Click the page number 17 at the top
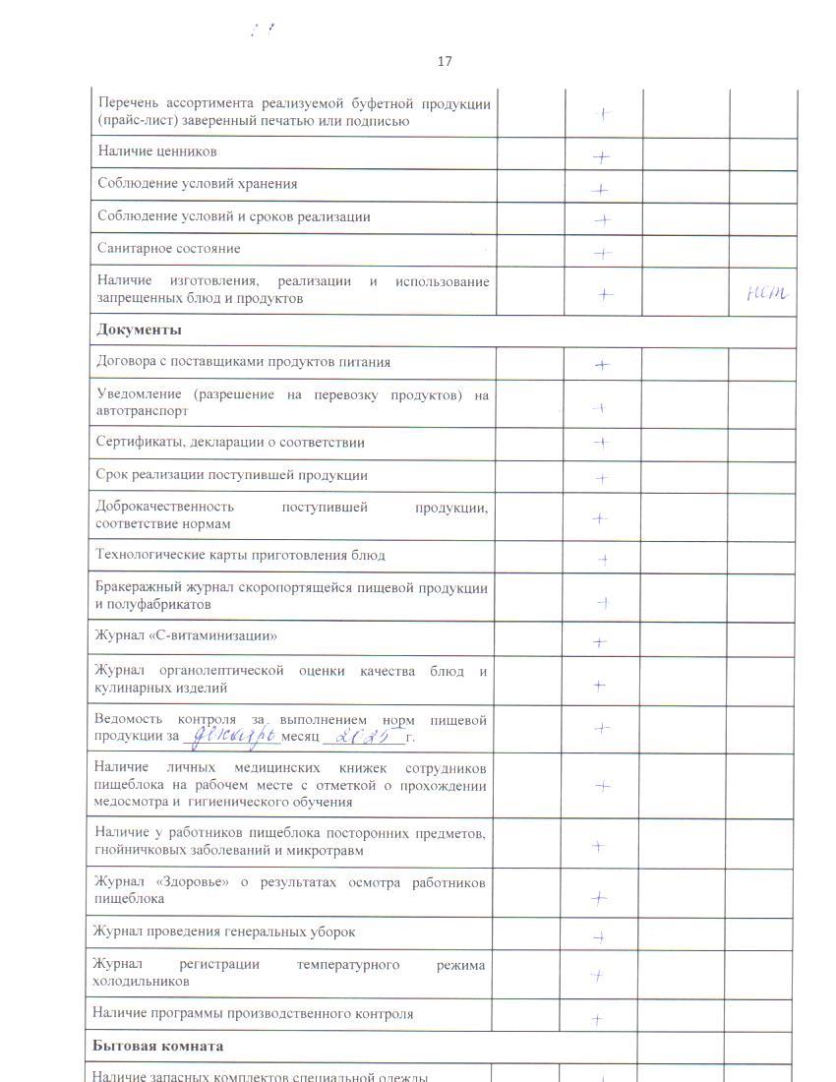click(445, 61)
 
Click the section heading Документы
click(139, 330)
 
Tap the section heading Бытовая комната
click(157, 1046)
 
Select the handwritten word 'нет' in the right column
click(768, 292)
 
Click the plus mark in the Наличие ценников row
click(602, 156)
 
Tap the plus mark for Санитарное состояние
click(603, 253)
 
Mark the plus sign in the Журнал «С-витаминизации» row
click(599, 642)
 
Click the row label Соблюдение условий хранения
click(197, 184)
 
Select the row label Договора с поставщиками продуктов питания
click(243, 362)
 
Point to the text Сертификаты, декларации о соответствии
click(230, 443)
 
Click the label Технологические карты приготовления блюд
click(240, 555)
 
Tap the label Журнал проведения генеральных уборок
click(224, 932)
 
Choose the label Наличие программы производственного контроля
click(253, 1013)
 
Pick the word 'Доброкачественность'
click(164, 508)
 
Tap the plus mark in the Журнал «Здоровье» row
click(598, 898)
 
